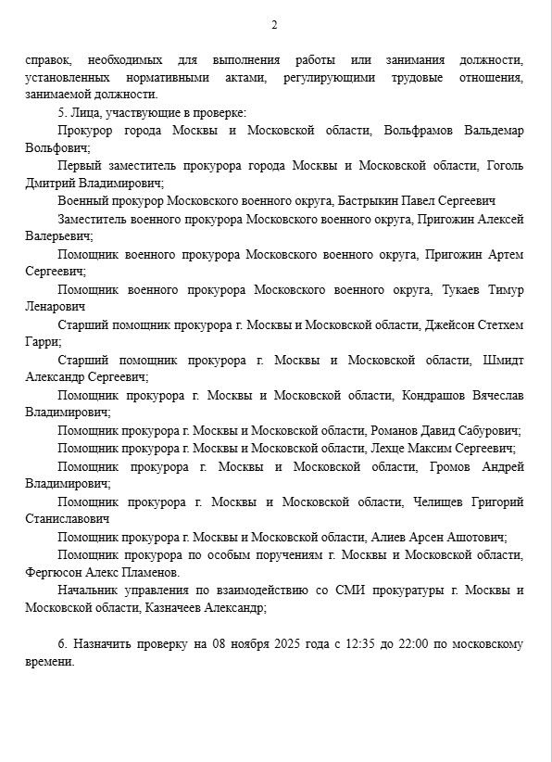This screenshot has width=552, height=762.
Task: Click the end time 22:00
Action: coord(409,643)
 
